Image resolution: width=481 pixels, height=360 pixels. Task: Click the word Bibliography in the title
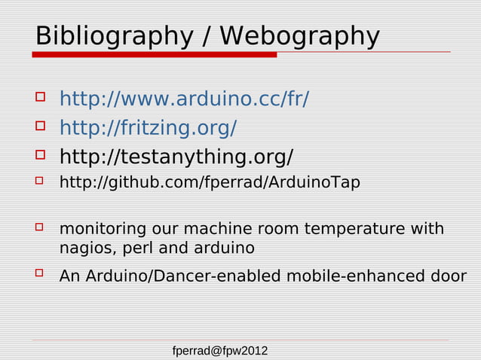coord(109,36)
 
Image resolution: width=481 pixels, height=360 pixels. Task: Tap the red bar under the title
coord(155,54)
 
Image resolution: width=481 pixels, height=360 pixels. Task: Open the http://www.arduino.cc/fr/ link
coord(184,99)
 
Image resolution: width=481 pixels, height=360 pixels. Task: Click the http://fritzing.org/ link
coord(149,128)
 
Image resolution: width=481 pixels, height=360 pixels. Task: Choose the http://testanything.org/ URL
coord(176,157)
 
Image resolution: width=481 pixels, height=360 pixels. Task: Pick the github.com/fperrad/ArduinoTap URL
coord(210,183)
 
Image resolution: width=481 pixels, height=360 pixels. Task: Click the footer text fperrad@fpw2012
coord(220,351)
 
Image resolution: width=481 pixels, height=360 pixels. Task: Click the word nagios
coord(84,248)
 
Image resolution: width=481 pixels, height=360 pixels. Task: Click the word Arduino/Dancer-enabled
coord(182,276)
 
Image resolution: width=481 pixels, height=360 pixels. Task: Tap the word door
coord(449,276)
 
